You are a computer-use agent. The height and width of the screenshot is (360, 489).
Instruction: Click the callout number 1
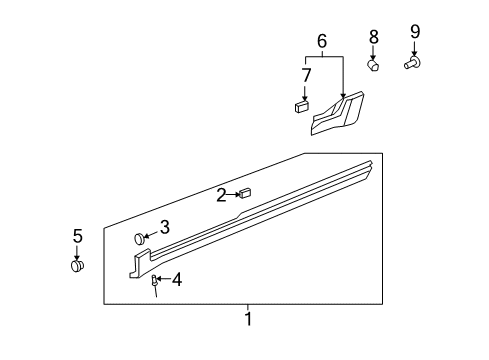coord(249,320)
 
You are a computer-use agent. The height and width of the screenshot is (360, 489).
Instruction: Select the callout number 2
coord(221,195)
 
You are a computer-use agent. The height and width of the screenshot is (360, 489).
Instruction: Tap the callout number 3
coord(165,227)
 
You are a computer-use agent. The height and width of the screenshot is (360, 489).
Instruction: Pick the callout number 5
coord(77,236)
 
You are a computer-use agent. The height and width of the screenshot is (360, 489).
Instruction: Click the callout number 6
coord(322,41)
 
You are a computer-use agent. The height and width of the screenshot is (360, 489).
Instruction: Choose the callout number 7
coord(307,75)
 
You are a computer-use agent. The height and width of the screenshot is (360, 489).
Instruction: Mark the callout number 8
coord(373,37)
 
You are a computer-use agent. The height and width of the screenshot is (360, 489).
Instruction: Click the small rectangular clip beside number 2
coord(245,193)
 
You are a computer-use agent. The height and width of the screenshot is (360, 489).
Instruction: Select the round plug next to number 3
coord(142,239)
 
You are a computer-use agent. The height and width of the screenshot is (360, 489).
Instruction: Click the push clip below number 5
coord(77,266)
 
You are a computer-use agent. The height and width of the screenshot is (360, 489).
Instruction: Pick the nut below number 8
coord(373,65)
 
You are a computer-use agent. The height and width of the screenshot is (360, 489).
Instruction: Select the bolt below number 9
coord(413,63)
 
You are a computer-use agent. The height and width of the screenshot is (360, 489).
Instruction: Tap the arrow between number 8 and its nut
coord(373,52)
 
